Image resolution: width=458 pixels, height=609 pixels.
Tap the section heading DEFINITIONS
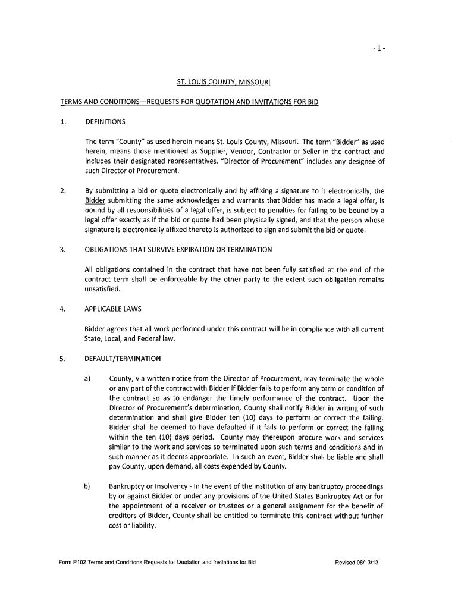105,122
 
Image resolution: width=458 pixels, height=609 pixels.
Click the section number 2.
62,191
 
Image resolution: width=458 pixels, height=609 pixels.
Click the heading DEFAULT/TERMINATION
123,359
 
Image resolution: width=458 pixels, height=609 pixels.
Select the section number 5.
62,359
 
